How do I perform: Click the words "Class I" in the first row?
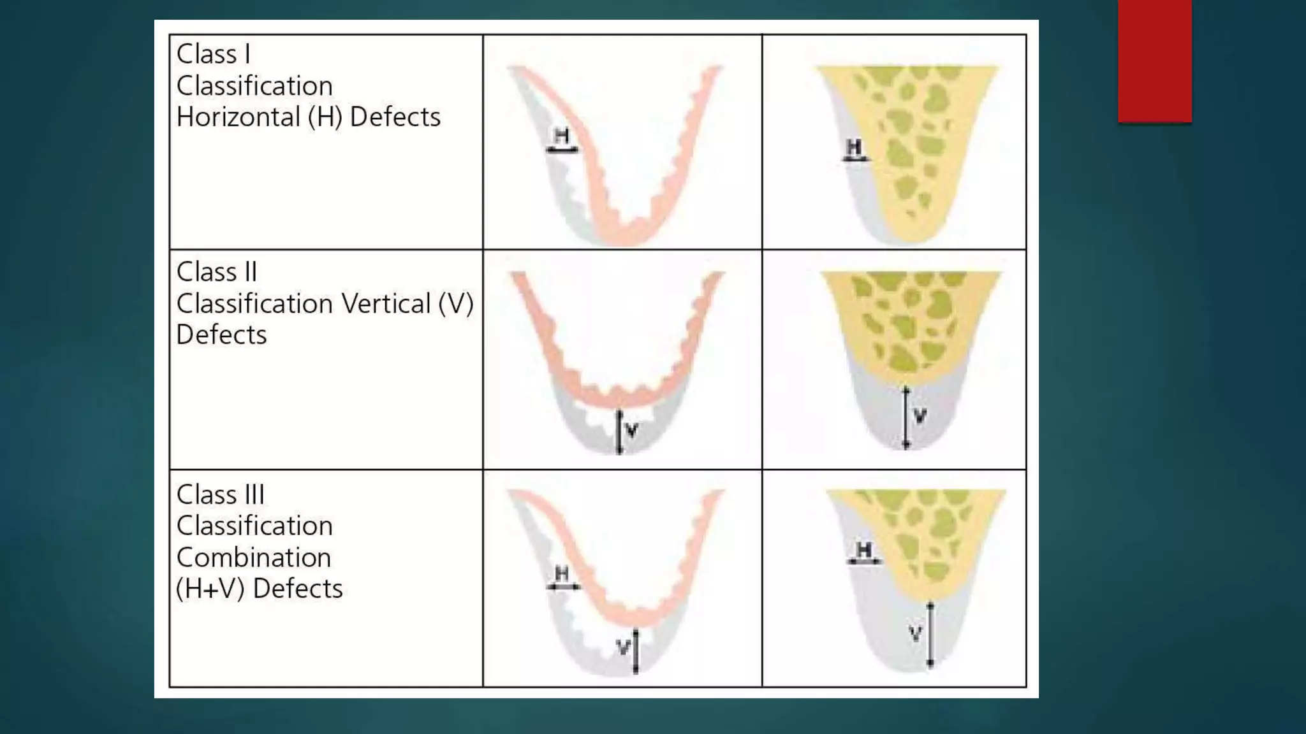(x=213, y=54)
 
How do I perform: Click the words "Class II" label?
(x=217, y=272)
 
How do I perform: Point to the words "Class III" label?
(x=221, y=494)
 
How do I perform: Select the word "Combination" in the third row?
(x=254, y=558)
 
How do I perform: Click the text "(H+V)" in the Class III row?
(x=210, y=589)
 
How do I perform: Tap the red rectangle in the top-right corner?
(x=1154, y=61)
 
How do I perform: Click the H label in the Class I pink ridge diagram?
(x=561, y=136)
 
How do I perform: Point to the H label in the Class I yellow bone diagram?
(x=853, y=147)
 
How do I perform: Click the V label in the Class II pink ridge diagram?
(x=632, y=431)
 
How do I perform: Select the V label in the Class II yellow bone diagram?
(x=920, y=417)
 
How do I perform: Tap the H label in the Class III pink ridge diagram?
(x=562, y=573)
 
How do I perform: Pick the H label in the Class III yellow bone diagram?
(x=863, y=550)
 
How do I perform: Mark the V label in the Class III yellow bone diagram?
(x=915, y=634)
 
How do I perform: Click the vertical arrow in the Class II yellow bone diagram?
(x=906, y=418)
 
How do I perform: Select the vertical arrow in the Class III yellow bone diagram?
(x=930, y=634)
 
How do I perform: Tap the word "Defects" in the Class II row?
(x=221, y=335)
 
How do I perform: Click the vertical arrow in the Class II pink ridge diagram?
(x=619, y=432)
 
